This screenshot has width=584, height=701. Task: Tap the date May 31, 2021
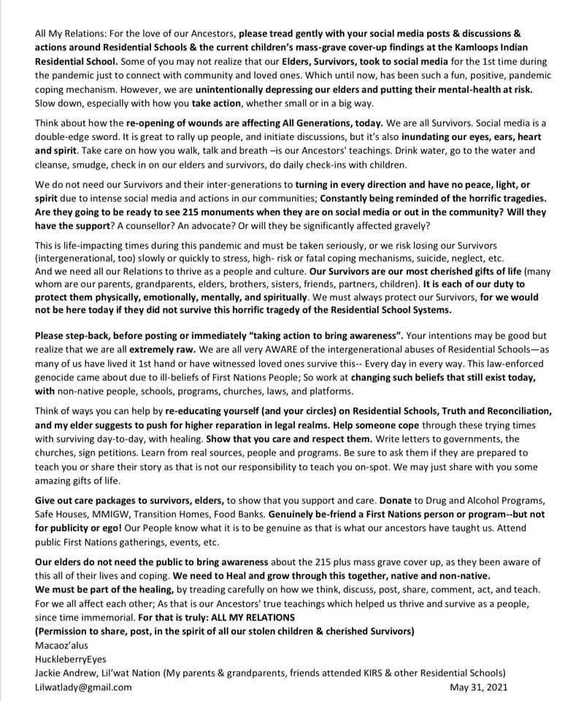[x=479, y=687]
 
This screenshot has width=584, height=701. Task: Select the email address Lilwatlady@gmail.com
[x=83, y=687]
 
